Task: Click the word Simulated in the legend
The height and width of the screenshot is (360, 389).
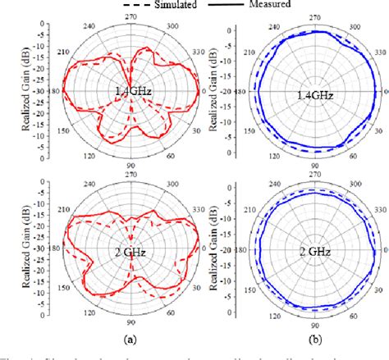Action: pos(181,5)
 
